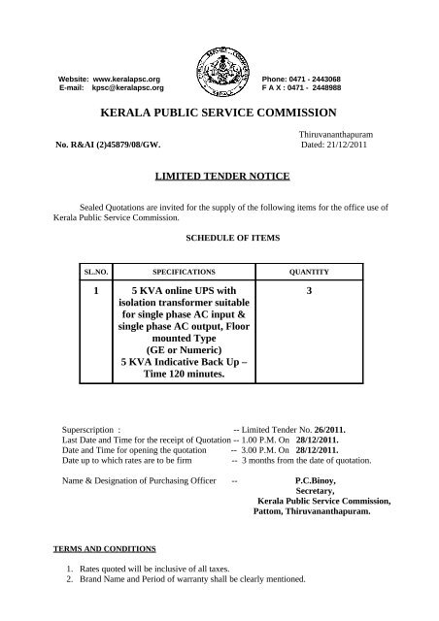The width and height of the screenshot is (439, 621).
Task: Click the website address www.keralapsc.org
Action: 129,77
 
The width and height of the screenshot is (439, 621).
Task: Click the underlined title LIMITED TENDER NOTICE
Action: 219,180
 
